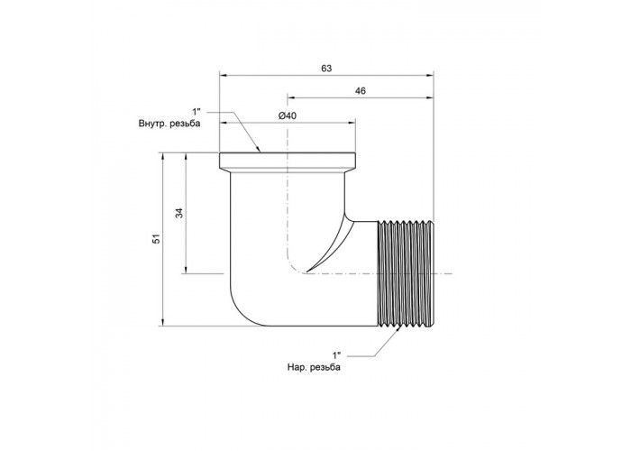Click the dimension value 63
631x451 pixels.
coord(326,69)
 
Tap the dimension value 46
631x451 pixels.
coord(361,91)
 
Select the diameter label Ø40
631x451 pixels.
coord(288,115)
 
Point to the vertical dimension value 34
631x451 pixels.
coord(179,213)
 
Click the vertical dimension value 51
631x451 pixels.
coord(157,238)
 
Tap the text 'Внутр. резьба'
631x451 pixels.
coord(169,124)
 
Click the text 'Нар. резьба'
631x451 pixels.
coord(314,367)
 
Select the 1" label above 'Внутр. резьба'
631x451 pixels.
coord(196,111)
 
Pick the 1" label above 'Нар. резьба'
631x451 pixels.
coord(336,355)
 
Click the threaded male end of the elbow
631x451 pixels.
coord(407,273)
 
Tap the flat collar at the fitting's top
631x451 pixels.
coord(288,161)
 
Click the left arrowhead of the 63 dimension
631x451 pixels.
coord(224,75)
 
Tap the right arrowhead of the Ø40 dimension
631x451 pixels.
coord(352,123)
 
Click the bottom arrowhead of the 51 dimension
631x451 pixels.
coord(162,322)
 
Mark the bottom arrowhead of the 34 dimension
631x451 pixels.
coord(186,269)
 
